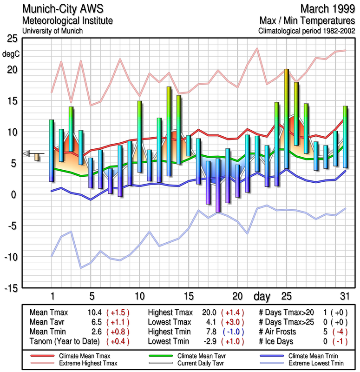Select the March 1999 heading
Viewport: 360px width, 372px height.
pos(327,9)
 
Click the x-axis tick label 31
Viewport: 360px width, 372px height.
pos(343,296)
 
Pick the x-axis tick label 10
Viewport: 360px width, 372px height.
pos(139,296)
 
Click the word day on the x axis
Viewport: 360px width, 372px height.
pos(262,296)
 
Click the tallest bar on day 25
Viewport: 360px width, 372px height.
pos(287,119)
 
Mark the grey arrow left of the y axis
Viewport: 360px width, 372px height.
pos(27,153)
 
